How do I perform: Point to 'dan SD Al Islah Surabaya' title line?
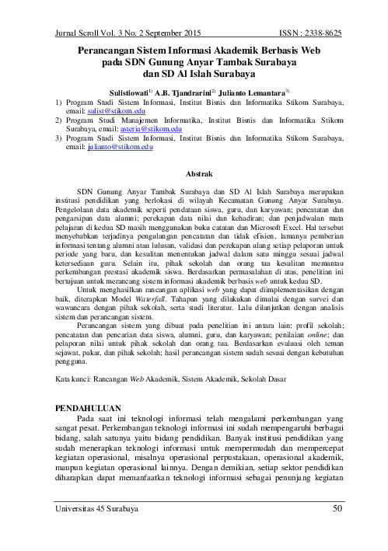(x=195, y=74)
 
